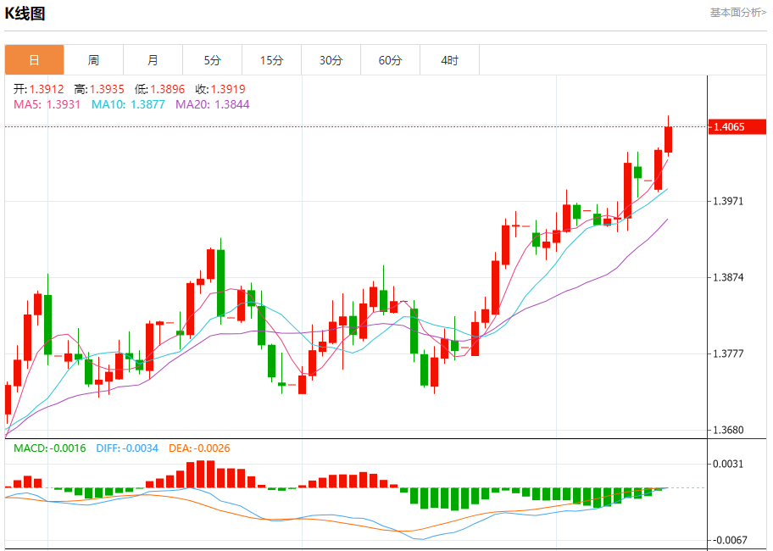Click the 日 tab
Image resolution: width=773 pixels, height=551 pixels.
(34, 60)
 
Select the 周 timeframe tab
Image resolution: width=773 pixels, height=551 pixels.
(93, 60)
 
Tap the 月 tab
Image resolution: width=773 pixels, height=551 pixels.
(153, 60)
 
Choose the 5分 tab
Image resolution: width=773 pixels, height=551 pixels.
(212, 60)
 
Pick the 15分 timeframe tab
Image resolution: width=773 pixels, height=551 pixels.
(271, 60)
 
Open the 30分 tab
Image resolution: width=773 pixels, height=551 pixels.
(331, 60)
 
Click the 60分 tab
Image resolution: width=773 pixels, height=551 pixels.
(391, 60)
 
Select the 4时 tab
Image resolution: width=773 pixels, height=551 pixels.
(450, 60)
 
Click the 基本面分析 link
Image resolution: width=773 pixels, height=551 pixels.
(737, 13)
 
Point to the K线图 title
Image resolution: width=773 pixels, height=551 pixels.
(25, 14)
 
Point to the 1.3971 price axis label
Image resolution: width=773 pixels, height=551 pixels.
(729, 201)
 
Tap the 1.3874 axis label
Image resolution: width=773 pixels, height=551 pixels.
(729, 277)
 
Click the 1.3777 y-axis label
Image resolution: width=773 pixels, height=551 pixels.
(729, 353)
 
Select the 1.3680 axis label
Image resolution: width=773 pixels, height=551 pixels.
(729, 430)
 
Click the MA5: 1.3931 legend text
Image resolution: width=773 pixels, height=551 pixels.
(47, 104)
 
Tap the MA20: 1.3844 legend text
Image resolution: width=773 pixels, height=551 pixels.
(213, 104)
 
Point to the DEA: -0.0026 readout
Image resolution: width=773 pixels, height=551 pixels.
(199, 448)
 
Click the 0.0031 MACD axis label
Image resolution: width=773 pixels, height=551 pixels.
(729, 464)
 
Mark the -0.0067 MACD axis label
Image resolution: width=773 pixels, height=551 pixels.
(729, 540)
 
